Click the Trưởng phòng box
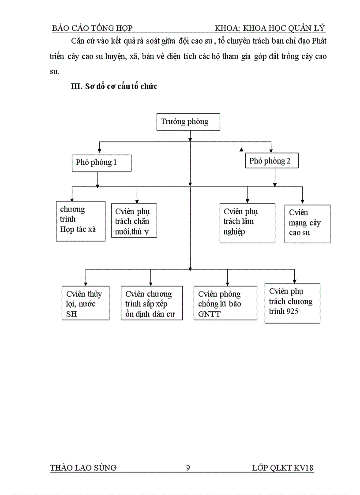(x=188, y=122)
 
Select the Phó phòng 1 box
(x=101, y=163)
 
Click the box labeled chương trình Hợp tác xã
(x=81, y=221)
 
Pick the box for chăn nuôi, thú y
(x=134, y=220)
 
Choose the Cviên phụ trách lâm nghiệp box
(x=247, y=223)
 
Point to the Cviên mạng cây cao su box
(x=307, y=223)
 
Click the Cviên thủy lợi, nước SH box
(x=85, y=303)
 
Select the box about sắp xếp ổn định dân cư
(x=151, y=303)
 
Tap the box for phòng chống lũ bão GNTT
(x=225, y=303)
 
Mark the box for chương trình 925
(x=292, y=303)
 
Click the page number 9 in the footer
(x=188, y=468)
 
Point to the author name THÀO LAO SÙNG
(x=84, y=468)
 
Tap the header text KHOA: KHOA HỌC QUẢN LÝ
(x=270, y=29)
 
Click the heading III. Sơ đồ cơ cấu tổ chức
(x=114, y=86)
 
